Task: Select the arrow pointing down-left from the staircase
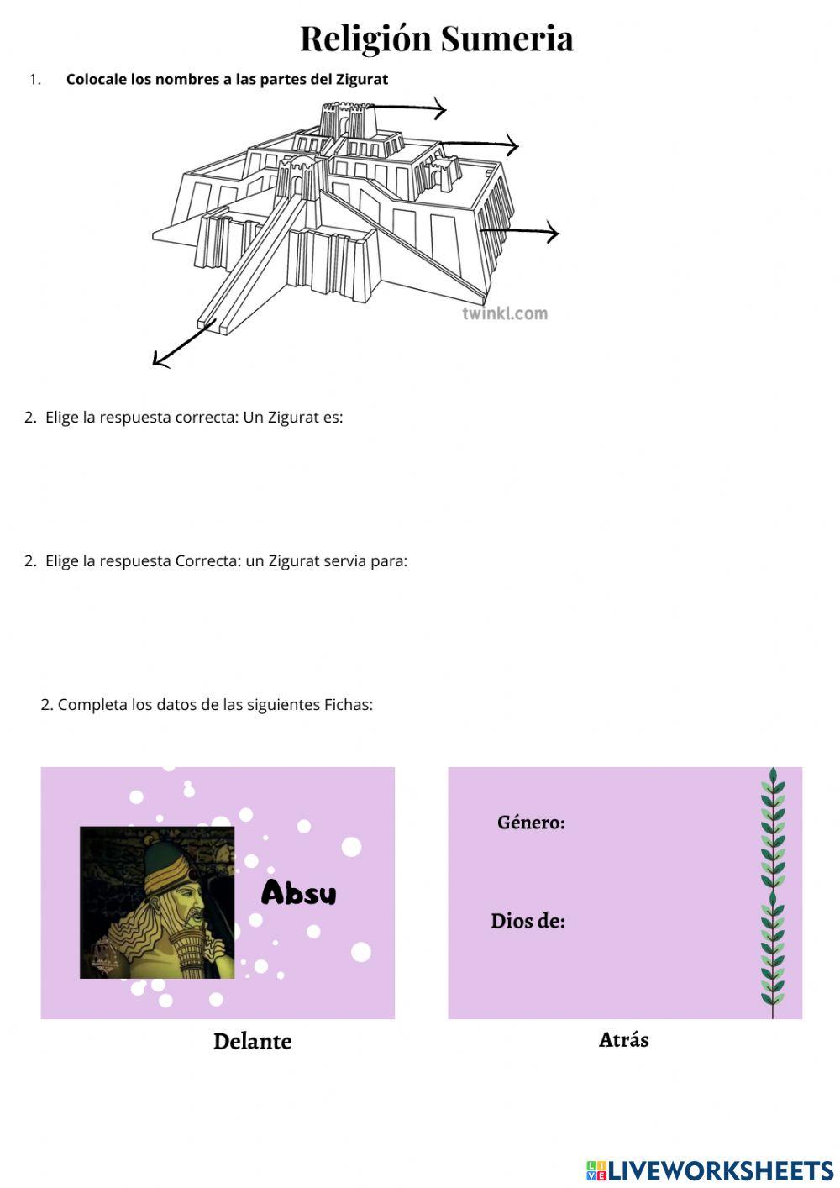pyautogui.click(x=181, y=345)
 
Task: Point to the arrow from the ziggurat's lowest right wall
pyautogui.click(x=521, y=232)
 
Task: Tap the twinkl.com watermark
pyautogui.click(x=504, y=313)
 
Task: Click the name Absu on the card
pyautogui.click(x=298, y=892)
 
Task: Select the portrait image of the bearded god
pyautogui.click(x=157, y=902)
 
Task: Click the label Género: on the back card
pyautogui.click(x=531, y=823)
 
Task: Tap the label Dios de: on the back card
pyautogui.click(x=528, y=921)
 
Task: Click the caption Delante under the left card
pyautogui.click(x=252, y=1042)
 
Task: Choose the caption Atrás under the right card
pyautogui.click(x=623, y=1040)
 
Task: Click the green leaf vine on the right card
pyautogui.click(x=772, y=891)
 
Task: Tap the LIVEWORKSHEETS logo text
pyautogui.click(x=719, y=1170)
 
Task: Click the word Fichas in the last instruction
pyautogui.click(x=348, y=705)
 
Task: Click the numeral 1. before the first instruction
pyautogui.click(x=34, y=80)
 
